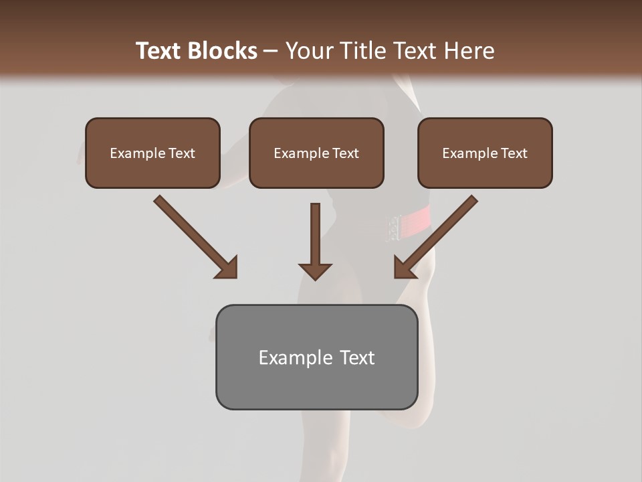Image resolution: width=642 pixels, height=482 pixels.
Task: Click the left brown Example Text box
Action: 152,153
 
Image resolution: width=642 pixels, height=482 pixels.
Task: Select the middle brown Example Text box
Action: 316,153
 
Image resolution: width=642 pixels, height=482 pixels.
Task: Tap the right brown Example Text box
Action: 485,153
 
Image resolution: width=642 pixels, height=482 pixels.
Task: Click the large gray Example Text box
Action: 316,357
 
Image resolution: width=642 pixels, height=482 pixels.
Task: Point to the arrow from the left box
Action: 194,236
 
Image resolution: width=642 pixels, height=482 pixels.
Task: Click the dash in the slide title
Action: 271,51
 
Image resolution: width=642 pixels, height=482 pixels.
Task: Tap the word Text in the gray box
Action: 357,357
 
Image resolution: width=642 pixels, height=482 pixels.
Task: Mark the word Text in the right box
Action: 513,153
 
